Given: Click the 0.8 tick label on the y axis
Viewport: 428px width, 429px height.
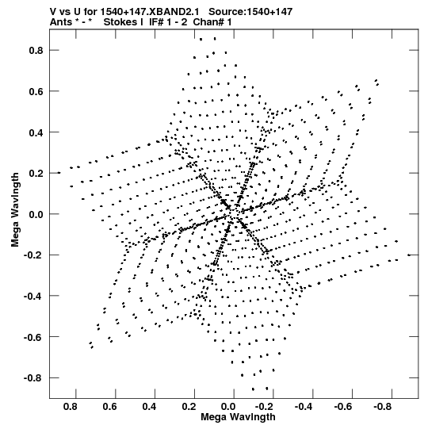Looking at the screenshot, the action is click(36, 50).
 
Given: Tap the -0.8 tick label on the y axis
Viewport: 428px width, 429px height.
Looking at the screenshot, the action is click(33, 377).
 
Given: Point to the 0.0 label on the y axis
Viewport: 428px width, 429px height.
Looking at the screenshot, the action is click(36, 214).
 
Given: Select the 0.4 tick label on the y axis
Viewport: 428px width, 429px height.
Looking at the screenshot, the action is click(36, 132).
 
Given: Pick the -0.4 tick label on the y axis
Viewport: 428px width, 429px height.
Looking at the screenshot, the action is click(33, 296).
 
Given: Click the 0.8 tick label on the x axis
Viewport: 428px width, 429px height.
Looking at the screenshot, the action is click(71, 407).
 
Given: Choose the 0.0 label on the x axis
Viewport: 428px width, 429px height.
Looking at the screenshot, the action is click(228, 407).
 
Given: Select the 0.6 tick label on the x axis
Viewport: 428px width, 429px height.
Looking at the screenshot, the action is click(110, 407).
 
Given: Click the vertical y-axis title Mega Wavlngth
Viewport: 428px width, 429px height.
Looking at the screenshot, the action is click(15, 210).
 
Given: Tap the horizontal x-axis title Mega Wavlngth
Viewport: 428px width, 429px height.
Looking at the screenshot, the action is click(238, 417).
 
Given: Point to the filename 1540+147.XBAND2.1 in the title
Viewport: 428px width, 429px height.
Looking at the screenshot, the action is click(150, 12).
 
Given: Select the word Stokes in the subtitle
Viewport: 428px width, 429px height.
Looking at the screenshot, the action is click(120, 22).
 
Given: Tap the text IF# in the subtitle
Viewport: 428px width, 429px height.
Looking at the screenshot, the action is click(156, 22).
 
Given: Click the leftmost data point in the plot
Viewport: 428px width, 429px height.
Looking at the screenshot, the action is click(59, 173).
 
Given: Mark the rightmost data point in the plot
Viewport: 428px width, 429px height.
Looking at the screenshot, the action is click(409, 255).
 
